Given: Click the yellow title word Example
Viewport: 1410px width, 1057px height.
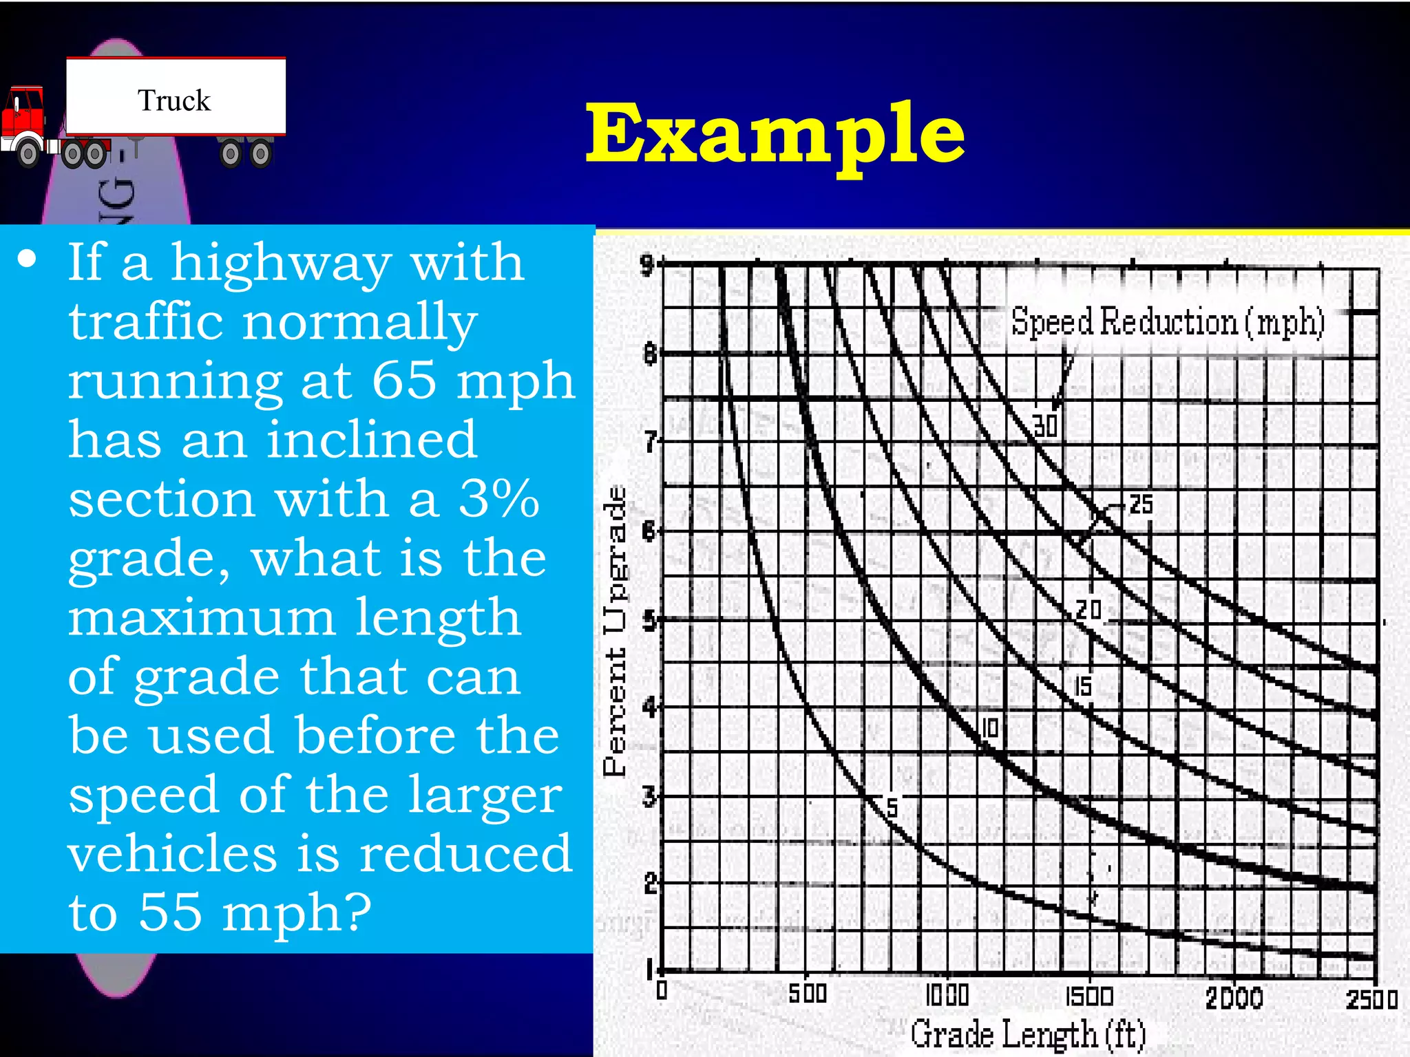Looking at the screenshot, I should click(x=775, y=134).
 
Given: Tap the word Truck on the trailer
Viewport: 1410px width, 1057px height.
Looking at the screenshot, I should click(x=173, y=100).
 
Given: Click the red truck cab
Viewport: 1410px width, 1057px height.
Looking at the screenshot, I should click(x=23, y=117).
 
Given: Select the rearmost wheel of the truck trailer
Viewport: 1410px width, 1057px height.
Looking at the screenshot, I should click(x=260, y=154).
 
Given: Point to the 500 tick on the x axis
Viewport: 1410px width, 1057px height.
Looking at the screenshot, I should click(x=807, y=994).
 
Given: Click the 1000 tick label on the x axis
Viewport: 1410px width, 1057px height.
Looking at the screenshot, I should click(x=947, y=995).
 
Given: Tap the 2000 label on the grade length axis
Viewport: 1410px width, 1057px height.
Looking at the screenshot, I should click(x=1234, y=998).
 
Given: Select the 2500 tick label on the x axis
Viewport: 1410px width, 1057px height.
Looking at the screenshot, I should click(x=1371, y=999).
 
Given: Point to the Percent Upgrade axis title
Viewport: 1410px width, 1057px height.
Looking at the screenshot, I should click(x=615, y=630).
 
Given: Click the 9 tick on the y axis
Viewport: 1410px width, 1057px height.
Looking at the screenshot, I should click(x=646, y=264).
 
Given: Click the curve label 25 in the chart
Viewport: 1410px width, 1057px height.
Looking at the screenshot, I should click(x=1141, y=504).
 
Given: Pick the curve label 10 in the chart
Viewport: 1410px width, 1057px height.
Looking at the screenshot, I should click(x=989, y=727).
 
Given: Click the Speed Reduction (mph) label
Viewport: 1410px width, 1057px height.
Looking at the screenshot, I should click(x=1168, y=322).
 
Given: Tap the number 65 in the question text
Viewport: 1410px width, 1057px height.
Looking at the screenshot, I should click(x=403, y=380).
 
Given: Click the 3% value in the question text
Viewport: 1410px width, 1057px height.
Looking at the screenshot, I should click(x=498, y=498).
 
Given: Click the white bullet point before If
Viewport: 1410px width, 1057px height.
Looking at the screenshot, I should click(x=28, y=259).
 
